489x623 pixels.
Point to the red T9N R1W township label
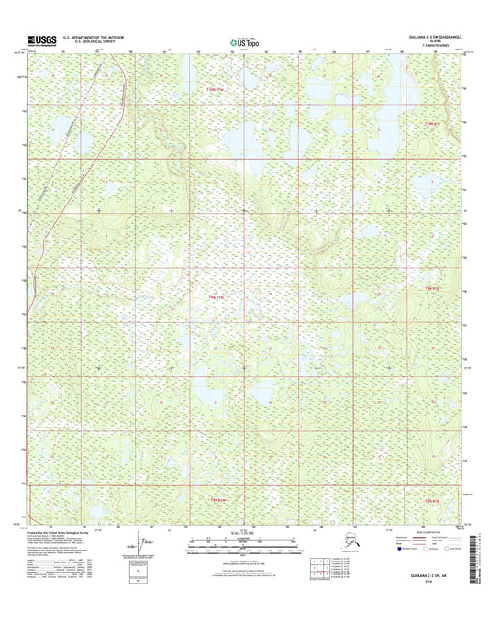[217, 295]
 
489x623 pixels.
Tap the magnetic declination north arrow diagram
[138, 542]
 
